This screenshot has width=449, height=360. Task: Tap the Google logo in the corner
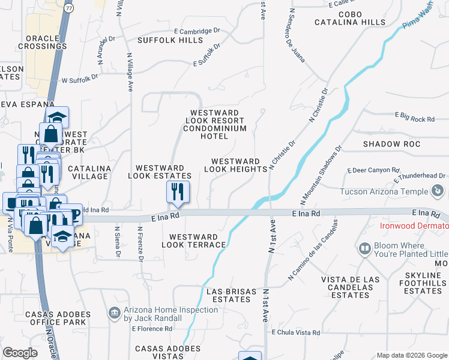(x=20, y=353)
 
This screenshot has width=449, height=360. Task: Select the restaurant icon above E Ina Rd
(x=178, y=192)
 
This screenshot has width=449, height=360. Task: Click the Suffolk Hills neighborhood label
(x=170, y=40)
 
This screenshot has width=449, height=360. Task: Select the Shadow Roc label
(x=391, y=145)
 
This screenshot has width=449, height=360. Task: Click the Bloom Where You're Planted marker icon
(x=364, y=248)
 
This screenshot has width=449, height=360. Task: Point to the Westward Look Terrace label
(x=197, y=241)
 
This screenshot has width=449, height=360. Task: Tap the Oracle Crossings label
(x=42, y=42)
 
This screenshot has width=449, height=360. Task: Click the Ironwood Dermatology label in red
(x=414, y=226)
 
